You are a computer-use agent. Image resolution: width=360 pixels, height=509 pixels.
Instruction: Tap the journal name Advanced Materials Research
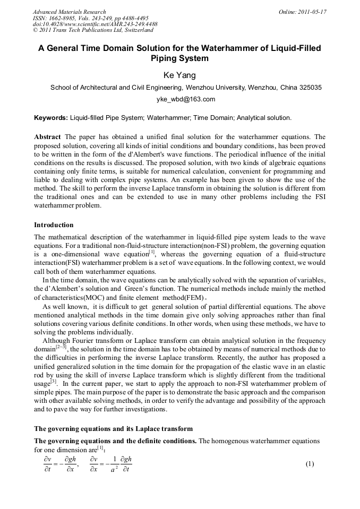[x=69, y=12]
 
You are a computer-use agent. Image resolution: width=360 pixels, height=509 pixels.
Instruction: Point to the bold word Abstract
[x=47, y=137]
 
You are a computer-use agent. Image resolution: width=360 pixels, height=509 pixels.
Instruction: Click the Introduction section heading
[x=54, y=225]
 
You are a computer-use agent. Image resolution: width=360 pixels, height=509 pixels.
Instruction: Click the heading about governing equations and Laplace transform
[x=113, y=428]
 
